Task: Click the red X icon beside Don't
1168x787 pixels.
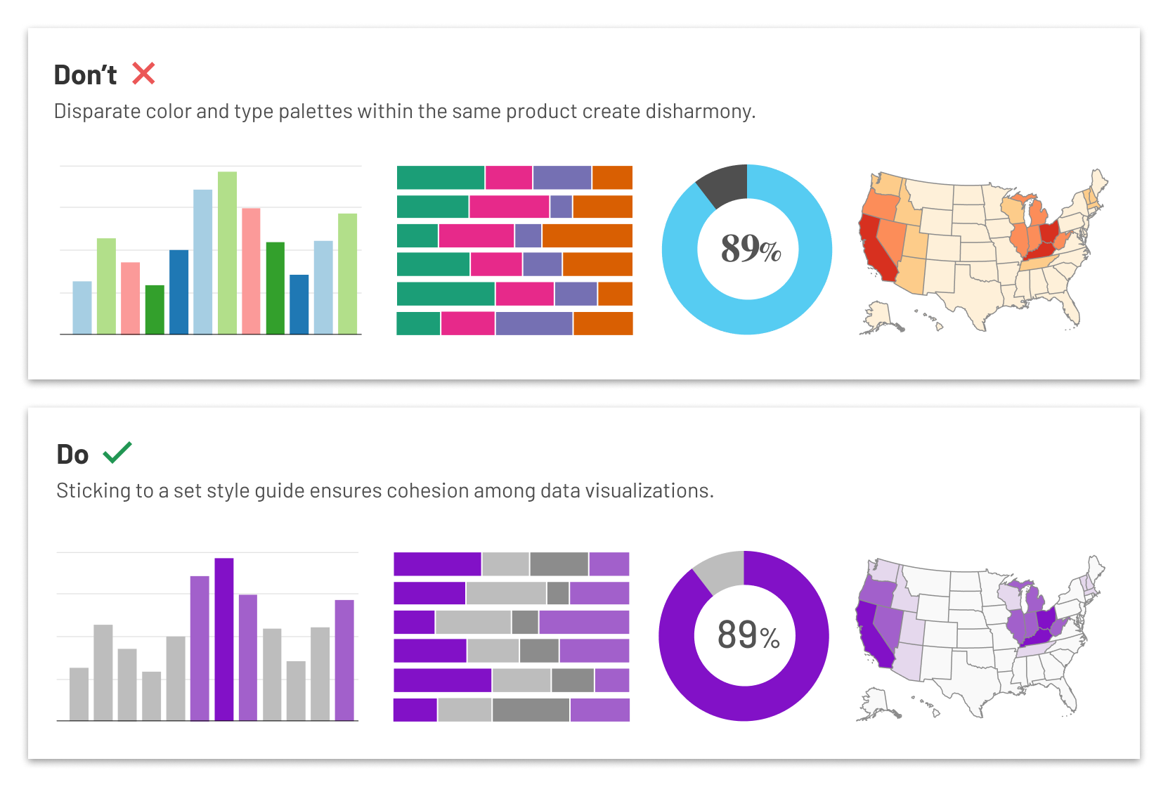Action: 143,73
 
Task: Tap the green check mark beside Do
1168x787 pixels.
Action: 117,453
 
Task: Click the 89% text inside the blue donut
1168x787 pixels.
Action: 750,249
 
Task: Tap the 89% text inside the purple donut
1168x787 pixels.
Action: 748,635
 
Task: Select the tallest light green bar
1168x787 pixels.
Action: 227,253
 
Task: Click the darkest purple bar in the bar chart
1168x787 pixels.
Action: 224,639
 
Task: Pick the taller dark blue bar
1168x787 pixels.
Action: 179,292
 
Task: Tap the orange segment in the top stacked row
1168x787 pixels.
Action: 612,178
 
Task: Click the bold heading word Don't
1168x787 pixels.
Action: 85,75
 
